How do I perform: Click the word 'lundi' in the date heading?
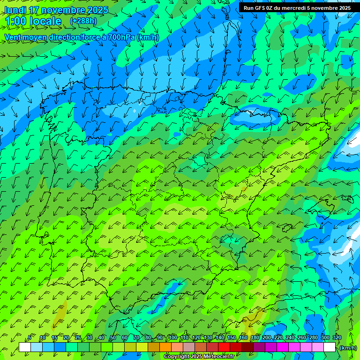(x=16, y=10)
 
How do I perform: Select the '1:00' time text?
(x=15, y=22)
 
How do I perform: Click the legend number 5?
(x=30, y=338)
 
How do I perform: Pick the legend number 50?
(x=113, y=338)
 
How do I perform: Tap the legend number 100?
(x=173, y=338)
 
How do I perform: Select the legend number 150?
(x=232, y=338)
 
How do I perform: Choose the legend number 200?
(x=267, y=338)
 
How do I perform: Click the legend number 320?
(x=337, y=338)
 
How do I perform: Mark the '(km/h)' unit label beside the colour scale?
(x=348, y=348)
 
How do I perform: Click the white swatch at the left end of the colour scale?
(x=25, y=347)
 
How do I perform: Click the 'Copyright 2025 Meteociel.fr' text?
(x=199, y=357)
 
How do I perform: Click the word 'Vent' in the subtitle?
(x=13, y=37)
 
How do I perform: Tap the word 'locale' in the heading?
(x=45, y=22)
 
